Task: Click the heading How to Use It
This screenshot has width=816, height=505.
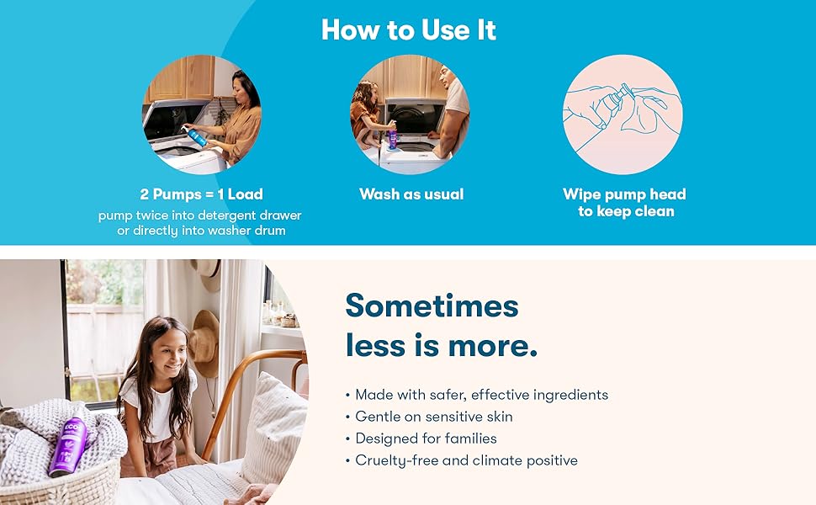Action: [408, 30]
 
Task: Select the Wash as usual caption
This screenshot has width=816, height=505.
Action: [411, 194]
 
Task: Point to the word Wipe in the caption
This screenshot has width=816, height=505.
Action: [582, 194]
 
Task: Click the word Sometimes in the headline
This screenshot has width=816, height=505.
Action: [432, 306]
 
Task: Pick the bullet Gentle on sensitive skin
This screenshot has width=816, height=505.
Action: [433, 417]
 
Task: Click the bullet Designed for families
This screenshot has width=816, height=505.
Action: [426, 439]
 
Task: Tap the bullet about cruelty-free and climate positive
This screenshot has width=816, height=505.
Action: [466, 460]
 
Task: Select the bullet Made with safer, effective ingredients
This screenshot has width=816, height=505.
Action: [481, 395]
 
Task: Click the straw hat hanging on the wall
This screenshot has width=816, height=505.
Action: [204, 337]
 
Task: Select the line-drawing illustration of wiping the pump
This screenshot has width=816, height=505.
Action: [622, 114]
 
